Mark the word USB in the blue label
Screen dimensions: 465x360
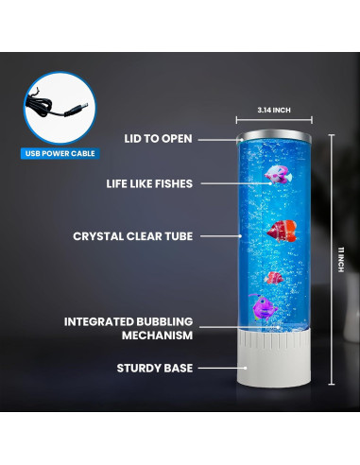point(33,152)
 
